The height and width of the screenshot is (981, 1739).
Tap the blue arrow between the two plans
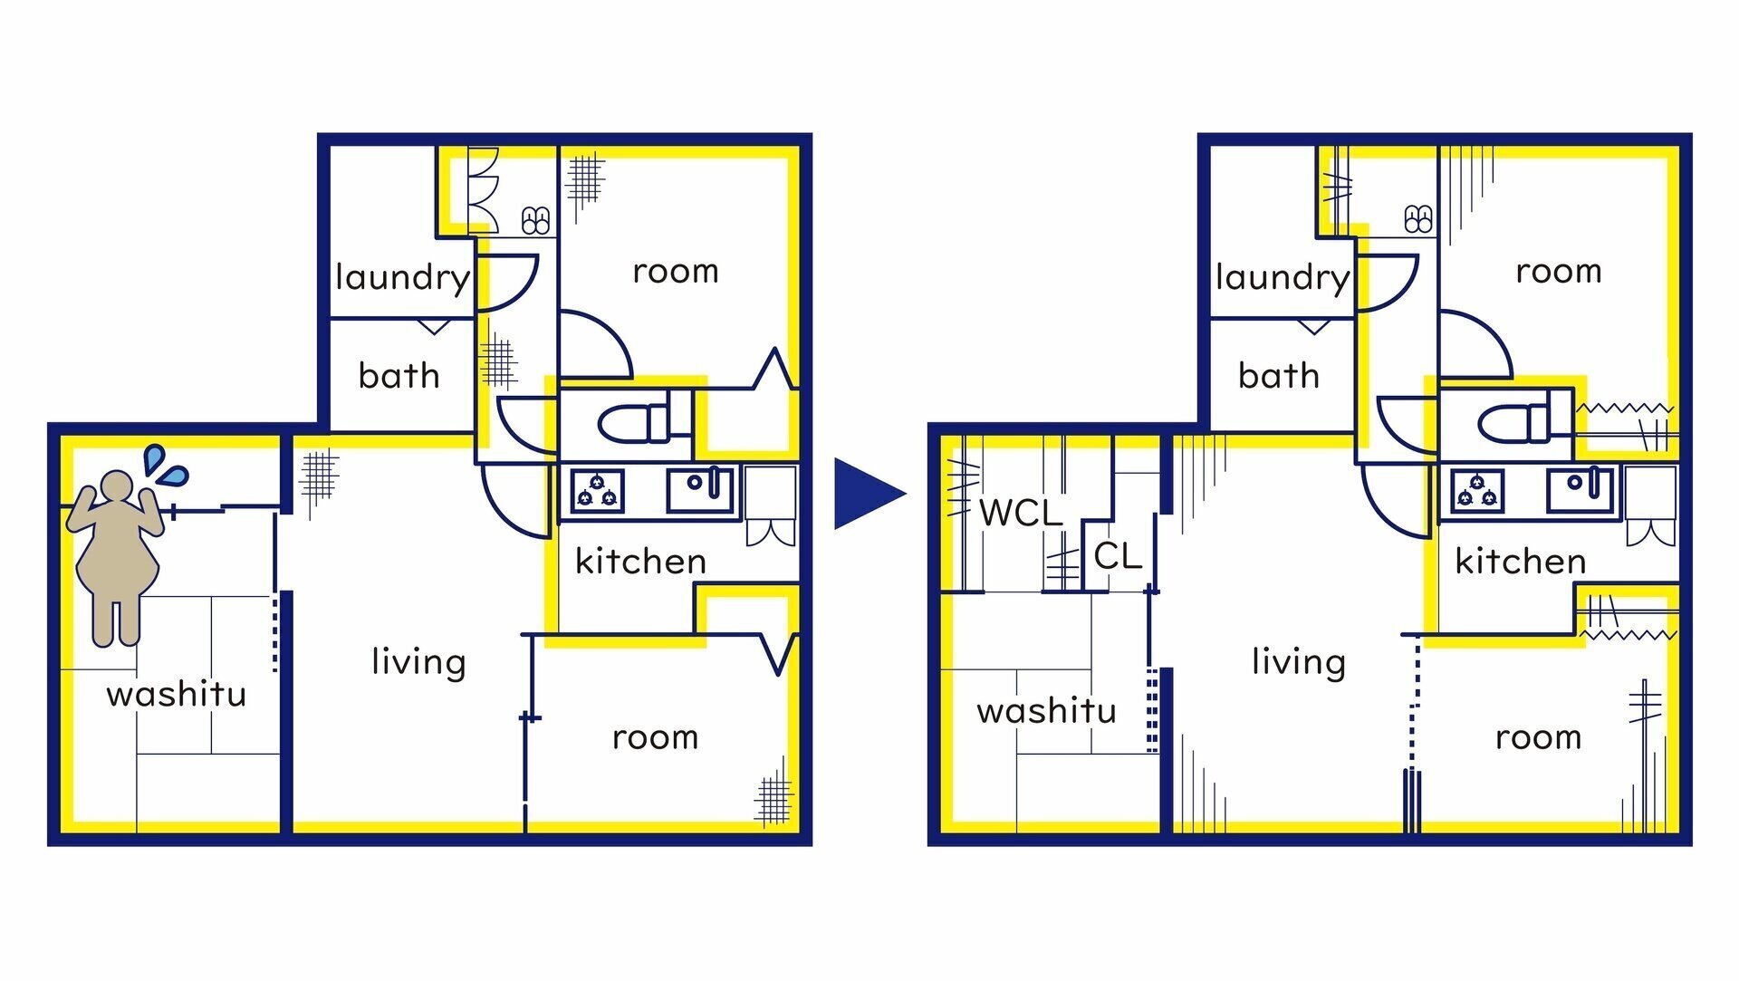868,494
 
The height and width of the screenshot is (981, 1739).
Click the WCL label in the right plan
1021,513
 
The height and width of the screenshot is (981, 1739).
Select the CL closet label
1118,555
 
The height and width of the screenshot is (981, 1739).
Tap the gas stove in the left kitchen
597,490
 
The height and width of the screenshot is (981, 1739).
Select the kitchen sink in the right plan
1580,490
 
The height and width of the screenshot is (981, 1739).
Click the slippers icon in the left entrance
535,220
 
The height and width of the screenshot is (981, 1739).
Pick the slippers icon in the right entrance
1417,219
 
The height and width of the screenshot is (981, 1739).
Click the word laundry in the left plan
402,277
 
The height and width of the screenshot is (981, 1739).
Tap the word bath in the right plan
1279,374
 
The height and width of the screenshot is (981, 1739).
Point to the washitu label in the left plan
177,694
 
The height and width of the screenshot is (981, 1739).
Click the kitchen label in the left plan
640,561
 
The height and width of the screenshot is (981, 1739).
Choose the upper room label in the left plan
676,271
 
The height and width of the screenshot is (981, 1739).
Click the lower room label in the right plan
1538,737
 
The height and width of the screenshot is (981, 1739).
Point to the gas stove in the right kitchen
1477,490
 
